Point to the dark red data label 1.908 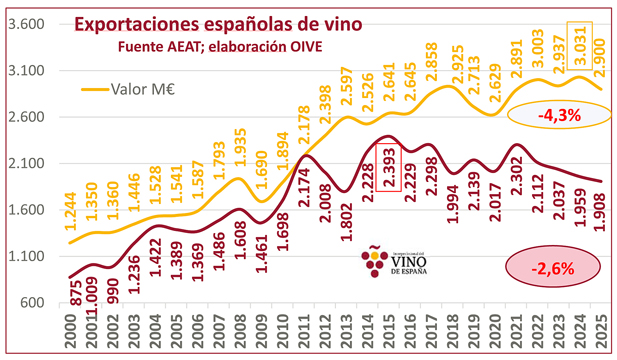(x=601, y=213)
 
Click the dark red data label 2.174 (x=305, y=214)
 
